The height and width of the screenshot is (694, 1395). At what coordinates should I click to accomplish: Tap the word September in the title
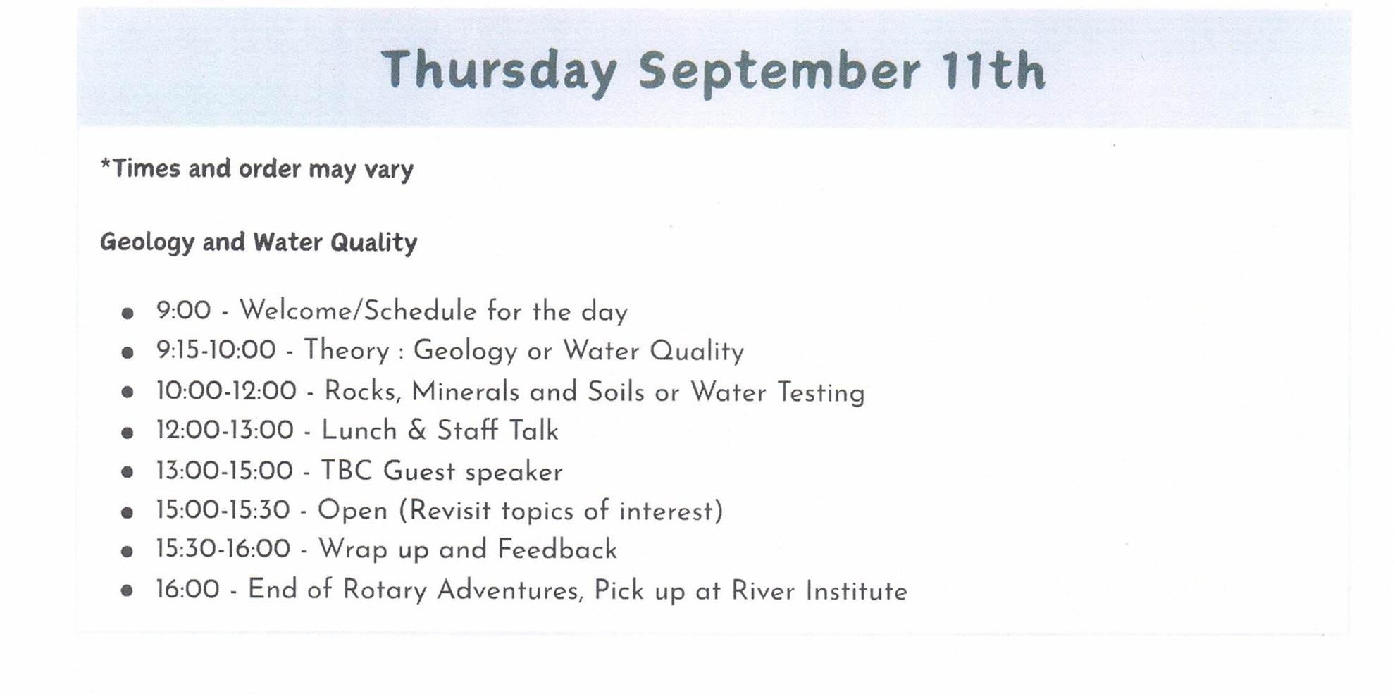[x=779, y=73]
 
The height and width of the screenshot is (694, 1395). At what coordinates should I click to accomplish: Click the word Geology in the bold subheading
[x=147, y=243]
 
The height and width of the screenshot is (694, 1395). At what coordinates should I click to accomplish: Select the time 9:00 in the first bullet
[x=184, y=310]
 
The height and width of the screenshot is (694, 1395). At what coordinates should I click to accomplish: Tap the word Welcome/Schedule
[x=358, y=311]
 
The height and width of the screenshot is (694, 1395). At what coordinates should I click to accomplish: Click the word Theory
[x=347, y=351]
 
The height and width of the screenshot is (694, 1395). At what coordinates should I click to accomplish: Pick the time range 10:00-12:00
[x=226, y=391]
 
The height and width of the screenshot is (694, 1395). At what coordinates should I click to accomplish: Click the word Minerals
[x=465, y=392]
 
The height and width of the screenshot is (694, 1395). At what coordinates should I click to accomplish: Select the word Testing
[x=821, y=393]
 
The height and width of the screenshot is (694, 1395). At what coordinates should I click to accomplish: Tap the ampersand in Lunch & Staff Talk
[x=417, y=430]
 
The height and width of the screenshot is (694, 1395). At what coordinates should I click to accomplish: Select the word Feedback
[x=557, y=550]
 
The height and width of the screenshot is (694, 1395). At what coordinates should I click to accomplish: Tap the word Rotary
[x=384, y=590]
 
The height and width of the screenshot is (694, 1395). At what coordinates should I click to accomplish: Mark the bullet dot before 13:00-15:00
[x=127, y=472]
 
